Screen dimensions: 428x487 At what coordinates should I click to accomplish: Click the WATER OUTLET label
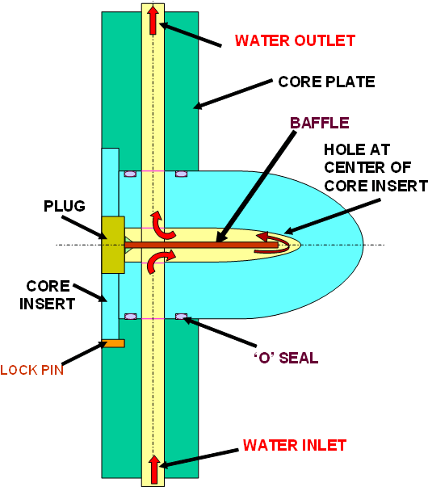295,40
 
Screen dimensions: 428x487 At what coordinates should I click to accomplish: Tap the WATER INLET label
294,445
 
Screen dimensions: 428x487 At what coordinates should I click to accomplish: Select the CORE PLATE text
326,82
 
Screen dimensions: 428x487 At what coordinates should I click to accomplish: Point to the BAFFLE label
320,123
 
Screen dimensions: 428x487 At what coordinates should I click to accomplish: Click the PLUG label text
65,206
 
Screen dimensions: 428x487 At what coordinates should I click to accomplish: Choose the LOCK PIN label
31,370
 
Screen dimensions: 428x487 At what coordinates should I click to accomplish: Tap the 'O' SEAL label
286,358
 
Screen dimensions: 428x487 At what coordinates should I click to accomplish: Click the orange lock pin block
113,343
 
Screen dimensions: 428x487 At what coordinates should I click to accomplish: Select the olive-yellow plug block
113,245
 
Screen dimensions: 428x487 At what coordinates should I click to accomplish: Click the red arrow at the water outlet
153,20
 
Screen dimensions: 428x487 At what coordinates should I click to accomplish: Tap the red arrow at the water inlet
153,469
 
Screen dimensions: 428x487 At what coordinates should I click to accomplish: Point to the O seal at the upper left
130,174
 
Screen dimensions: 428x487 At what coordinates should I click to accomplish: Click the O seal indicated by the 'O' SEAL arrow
181,317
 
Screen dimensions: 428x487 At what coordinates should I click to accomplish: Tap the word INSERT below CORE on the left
47,304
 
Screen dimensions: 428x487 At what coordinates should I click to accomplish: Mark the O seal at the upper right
181,174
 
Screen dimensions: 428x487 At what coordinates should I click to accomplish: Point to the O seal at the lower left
130,317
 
